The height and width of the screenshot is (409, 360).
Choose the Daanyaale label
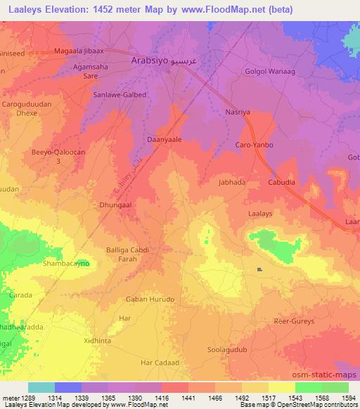(x=164, y=140)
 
